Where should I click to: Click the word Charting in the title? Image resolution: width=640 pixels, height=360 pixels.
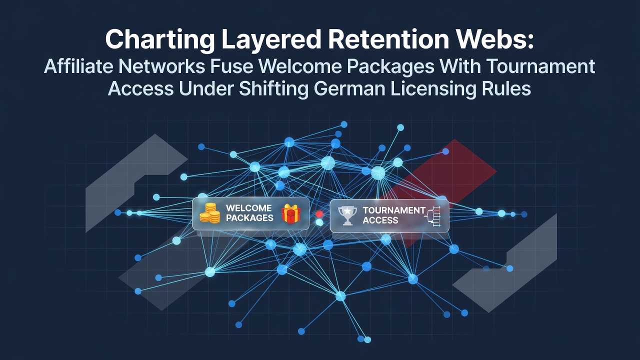pyautogui.click(x=160, y=40)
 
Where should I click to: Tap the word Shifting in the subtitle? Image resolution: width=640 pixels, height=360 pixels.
pyautogui.click(x=273, y=89)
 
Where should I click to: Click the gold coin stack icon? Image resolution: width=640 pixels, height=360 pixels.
pyautogui.click(x=209, y=213)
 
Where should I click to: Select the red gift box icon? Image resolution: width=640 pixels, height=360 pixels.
pyautogui.click(x=291, y=213)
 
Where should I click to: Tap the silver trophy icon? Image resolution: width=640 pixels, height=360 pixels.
pyautogui.click(x=347, y=215)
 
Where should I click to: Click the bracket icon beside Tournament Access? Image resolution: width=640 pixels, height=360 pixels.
pyautogui.click(x=433, y=216)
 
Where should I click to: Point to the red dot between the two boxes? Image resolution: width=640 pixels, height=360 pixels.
pyautogui.click(x=319, y=214)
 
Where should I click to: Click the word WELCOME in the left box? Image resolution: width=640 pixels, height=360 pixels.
pyautogui.click(x=248, y=207)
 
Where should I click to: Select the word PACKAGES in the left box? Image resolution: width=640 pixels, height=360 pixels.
pyautogui.click(x=249, y=217)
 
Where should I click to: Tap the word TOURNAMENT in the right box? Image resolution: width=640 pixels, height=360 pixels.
pyautogui.click(x=394, y=210)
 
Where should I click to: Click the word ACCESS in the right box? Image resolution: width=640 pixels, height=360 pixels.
pyautogui.click(x=380, y=220)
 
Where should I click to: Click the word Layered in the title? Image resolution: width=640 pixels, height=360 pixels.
pyautogui.click(x=271, y=40)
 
